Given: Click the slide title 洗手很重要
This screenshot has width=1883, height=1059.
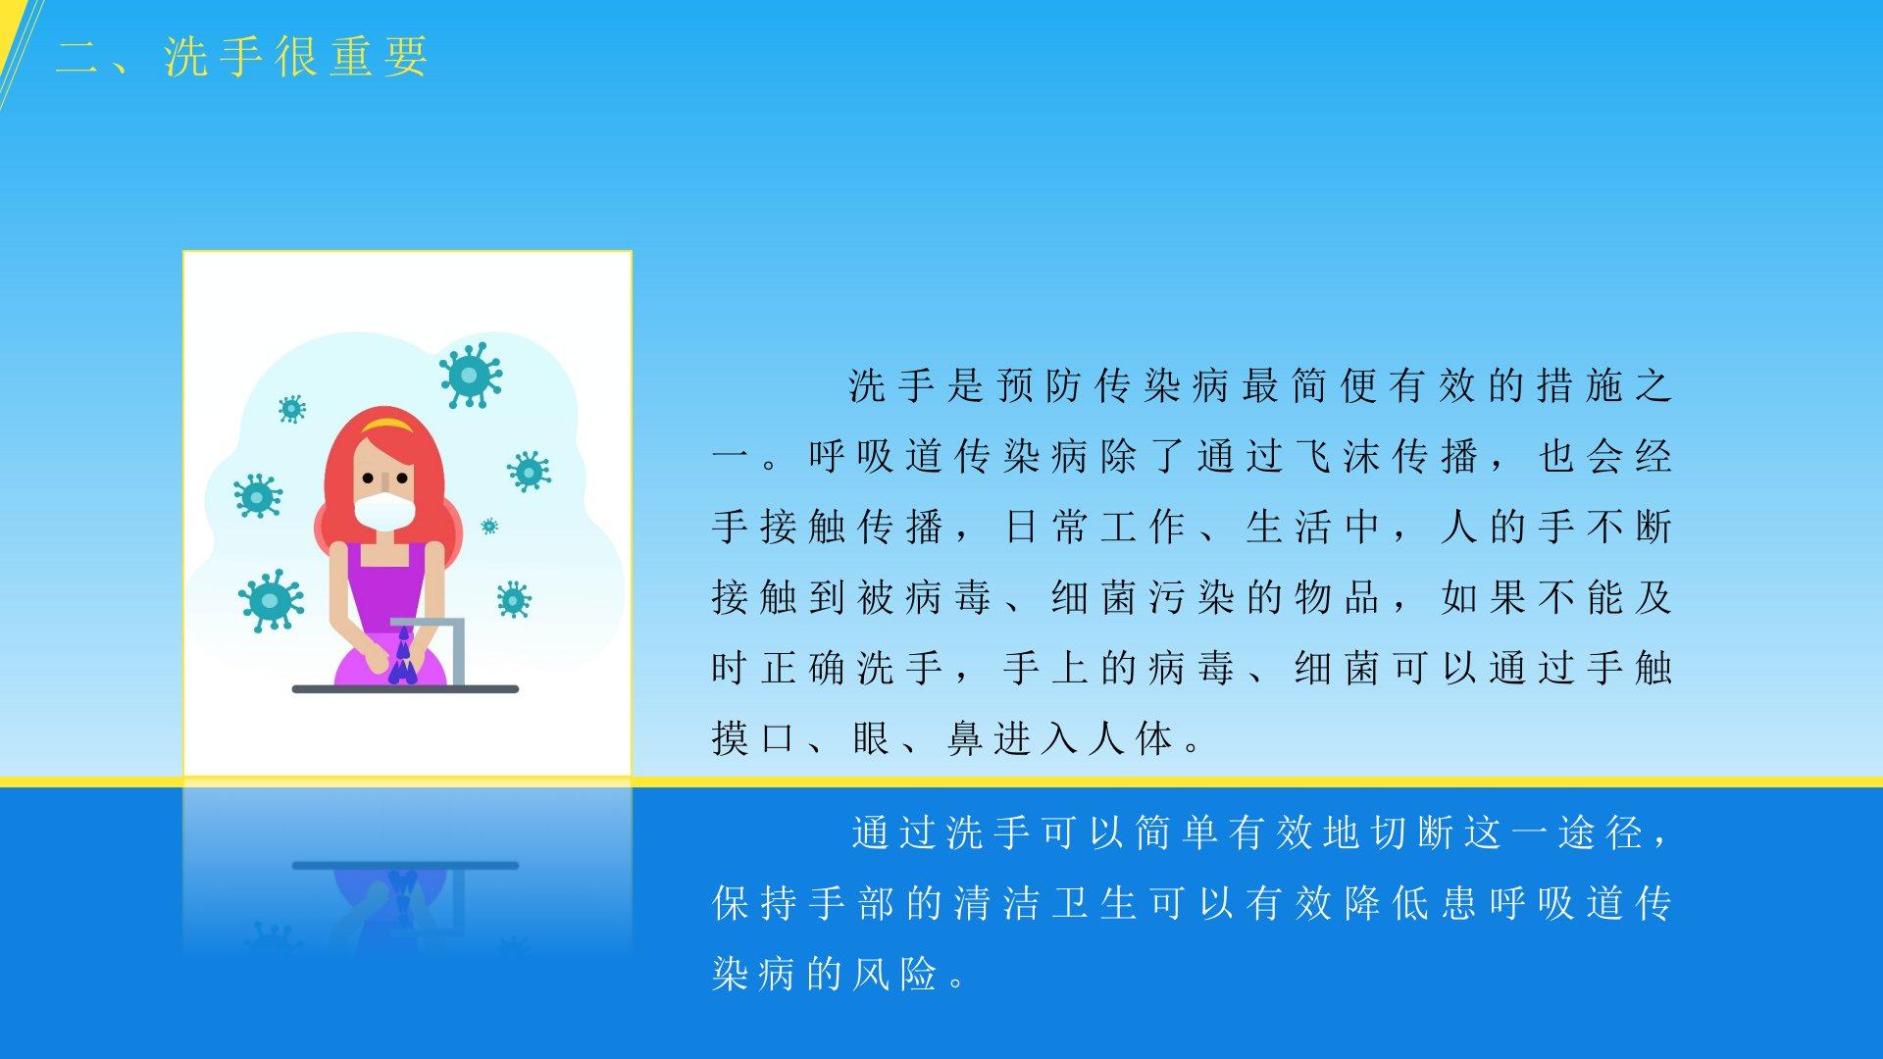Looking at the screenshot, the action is click(296, 57).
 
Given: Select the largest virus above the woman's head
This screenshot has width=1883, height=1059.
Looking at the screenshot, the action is click(471, 375).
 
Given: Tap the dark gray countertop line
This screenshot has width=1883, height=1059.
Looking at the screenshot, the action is click(405, 689).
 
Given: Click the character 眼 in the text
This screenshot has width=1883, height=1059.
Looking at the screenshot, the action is click(871, 739).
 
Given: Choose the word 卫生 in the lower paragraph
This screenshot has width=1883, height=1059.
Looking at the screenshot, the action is click(1094, 904).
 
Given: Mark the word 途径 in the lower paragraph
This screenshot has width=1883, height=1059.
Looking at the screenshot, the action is click(1602, 833).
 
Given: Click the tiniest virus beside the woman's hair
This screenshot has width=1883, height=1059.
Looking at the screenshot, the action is click(489, 527).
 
